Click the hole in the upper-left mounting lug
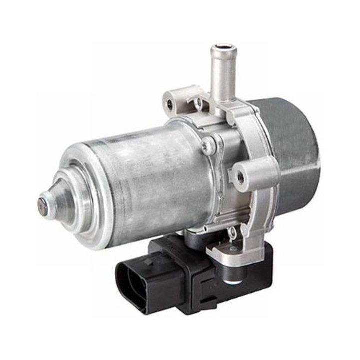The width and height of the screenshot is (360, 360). coord(170,104)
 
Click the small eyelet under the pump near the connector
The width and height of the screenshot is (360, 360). coord(231,233)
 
